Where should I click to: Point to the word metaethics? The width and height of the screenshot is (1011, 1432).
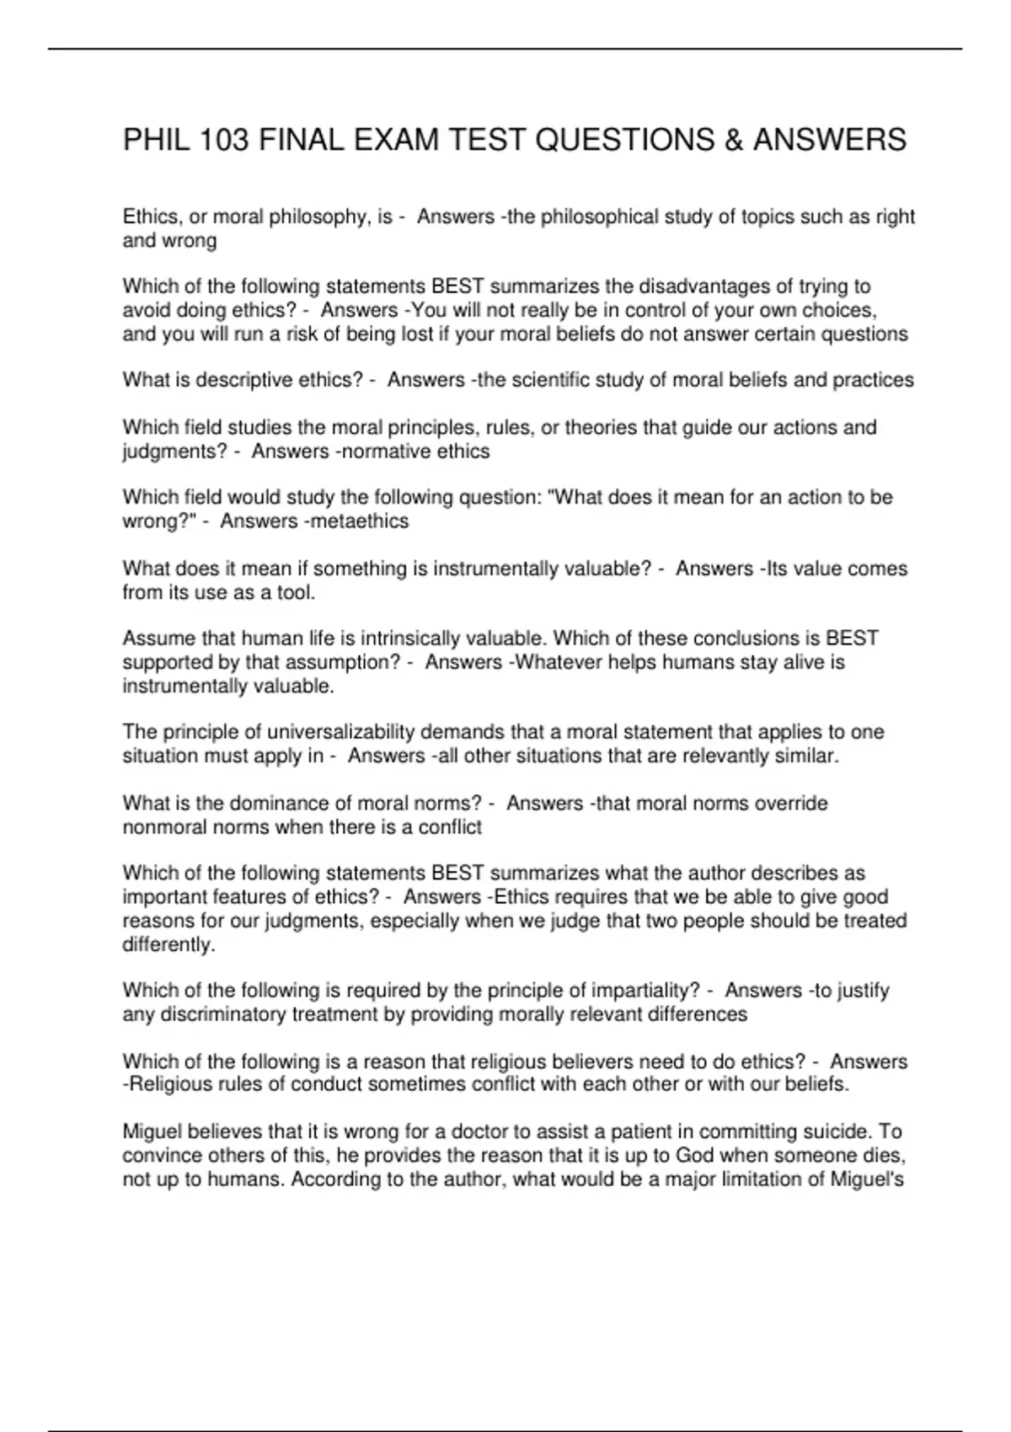(360, 521)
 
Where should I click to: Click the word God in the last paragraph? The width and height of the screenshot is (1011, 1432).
(694, 1156)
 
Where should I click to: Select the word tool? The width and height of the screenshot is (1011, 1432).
(296, 593)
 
